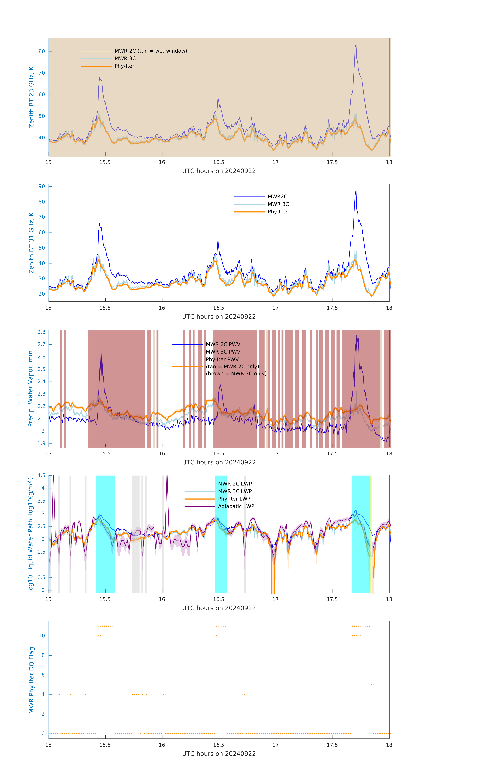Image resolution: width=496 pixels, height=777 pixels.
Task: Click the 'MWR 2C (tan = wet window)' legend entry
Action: [x=151, y=51]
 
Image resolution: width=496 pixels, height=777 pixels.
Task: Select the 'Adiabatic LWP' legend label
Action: [x=236, y=506]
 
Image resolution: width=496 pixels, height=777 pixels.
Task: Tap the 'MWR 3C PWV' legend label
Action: [x=223, y=352]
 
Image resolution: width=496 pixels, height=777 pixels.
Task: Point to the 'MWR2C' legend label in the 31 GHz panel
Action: [x=277, y=196]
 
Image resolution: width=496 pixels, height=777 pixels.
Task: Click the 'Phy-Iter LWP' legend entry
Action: [x=234, y=499]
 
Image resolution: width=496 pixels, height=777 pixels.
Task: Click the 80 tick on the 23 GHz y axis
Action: [x=42, y=51]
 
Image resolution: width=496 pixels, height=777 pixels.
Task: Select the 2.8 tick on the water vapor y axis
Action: [x=41, y=332]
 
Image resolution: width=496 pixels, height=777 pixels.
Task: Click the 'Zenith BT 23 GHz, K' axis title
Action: [x=31, y=97]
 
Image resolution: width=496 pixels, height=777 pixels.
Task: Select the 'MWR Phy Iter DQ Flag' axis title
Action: [x=31, y=680]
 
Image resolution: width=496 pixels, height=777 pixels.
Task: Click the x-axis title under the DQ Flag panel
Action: [x=219, y=754]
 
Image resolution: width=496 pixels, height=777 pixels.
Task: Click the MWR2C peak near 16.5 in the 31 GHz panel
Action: [x=218, y=239]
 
